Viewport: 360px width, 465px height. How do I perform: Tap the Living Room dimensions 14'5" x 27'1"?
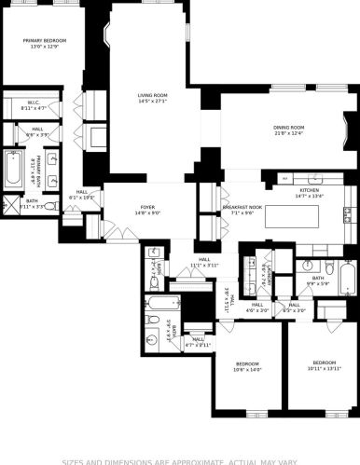point(152,101)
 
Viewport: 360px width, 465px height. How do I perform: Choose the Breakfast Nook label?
point(242,207)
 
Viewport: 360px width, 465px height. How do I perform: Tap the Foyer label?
point(148,208)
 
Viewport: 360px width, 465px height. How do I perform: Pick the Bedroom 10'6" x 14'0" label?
point(247,362)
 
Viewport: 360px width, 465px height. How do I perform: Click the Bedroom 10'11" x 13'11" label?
point(324,362)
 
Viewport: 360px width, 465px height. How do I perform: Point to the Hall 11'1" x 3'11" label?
point(204,263)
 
